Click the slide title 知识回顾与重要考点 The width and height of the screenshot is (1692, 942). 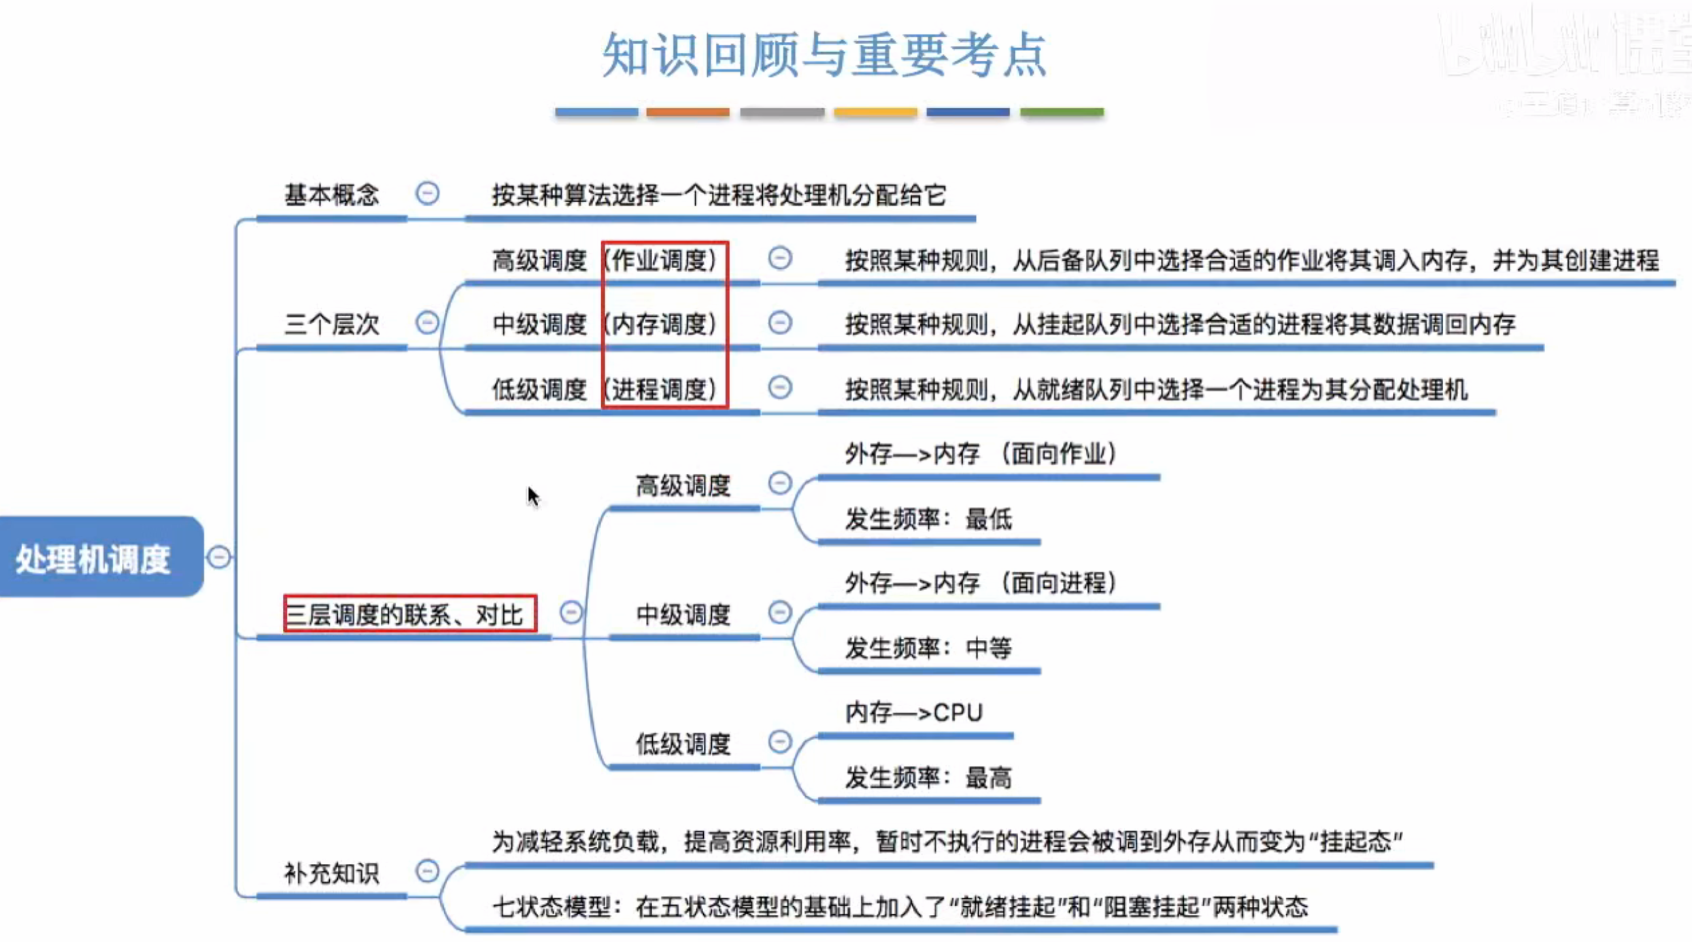(824, 55)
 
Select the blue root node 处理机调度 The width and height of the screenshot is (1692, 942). (93, 559)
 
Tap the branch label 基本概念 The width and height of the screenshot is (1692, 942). (331, 195)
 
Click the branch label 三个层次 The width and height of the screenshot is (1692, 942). (331, 324)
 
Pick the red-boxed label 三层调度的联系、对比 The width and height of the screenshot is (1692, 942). (405, 615)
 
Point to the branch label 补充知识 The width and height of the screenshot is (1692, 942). (331, 873)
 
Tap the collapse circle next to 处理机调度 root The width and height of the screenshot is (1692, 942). (219, 557)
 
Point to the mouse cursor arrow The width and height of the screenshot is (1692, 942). (532, 495)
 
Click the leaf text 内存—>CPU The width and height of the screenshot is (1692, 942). (913, 713)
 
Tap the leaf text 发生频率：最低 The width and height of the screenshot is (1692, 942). (928, 520)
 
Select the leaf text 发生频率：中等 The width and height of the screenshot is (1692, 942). (928, 649)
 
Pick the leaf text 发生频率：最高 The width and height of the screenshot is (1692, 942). (928, 778)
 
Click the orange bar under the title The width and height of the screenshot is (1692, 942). (688, 112)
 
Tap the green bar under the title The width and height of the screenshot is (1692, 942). (1061, 112)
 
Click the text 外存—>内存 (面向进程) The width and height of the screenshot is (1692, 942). (980, 583)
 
